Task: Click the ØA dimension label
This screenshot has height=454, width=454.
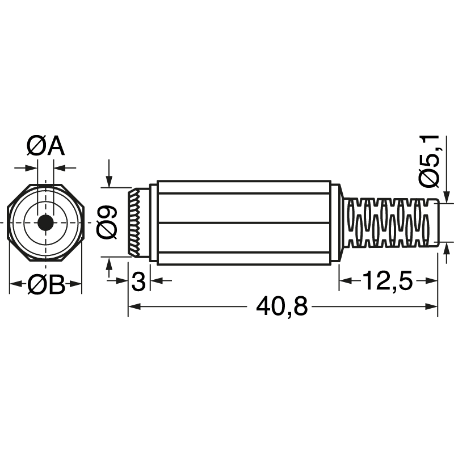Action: pos(45,147)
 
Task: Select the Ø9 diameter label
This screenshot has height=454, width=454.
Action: pos(107,222)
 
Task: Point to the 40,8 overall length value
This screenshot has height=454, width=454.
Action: pos(282,307)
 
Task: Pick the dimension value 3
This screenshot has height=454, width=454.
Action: pos(138,281)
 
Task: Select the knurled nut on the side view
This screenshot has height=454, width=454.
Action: pos(135,223)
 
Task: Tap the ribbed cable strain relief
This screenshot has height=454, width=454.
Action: pos(392,223)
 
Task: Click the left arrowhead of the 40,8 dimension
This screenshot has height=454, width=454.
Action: pos(134,307)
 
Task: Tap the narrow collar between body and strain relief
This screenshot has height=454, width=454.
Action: pos(336,223)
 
